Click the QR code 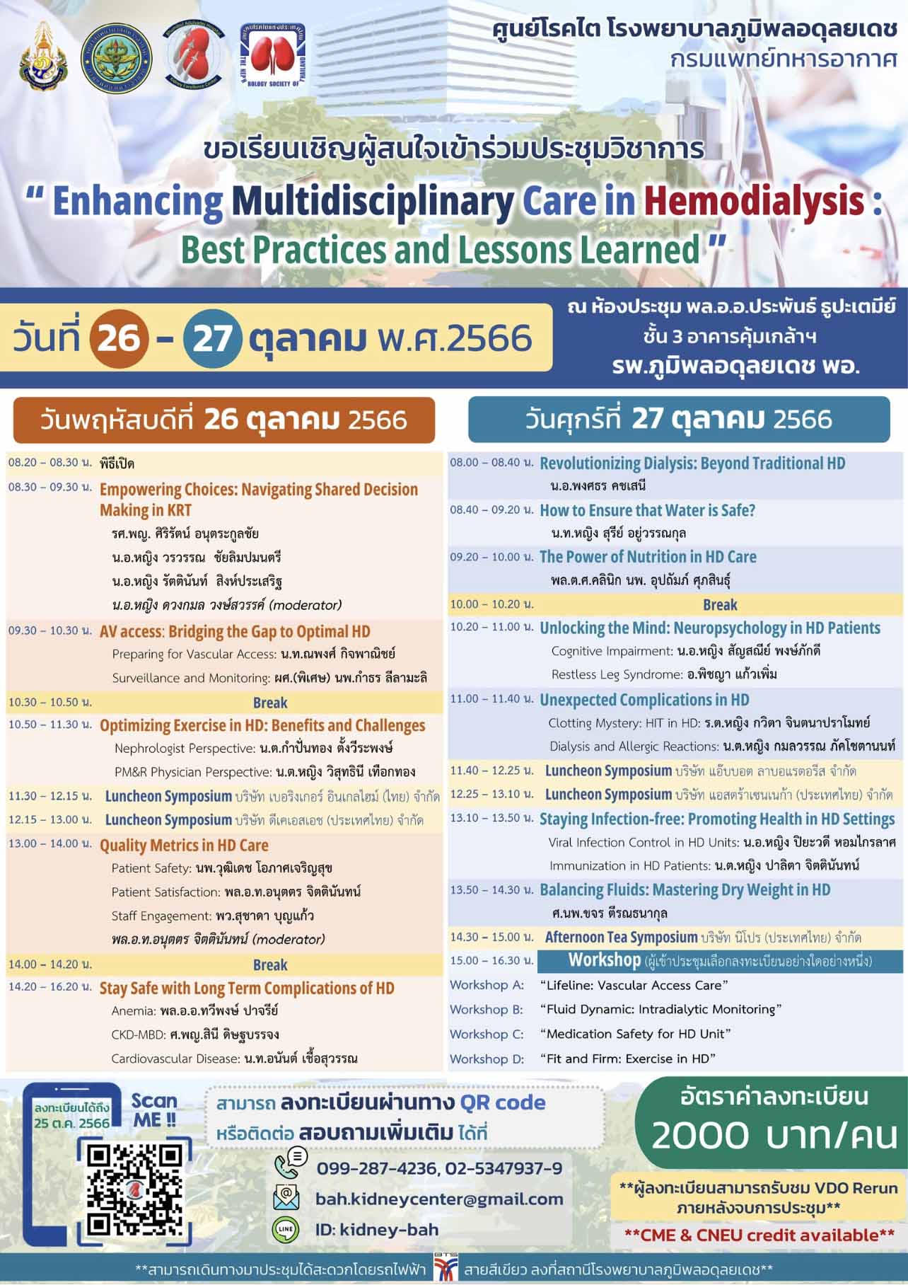pyautogui.click(x=134, y=1189)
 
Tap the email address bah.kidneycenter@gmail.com pyautogui.click(x=439, y=1199)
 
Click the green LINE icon pyautogui.click(x=286, y=1230)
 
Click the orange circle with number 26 pyautogui.click(x=119, y=338)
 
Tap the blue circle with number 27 pyautogui.click(x=212, y=338)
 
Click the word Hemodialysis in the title pyautogui.click(x=754, y=201)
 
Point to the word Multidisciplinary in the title pyautogui.click(x=372, y=201)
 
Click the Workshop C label pyautogui.click(x=487, y=1034)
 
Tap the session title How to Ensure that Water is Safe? pyautogui.click(x=647, y=510)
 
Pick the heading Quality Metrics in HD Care pyautogui.click(x=184, y=845)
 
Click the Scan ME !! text pyautogui.click(x=154, y=1110)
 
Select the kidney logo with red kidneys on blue pyautogui.click(x=272, y=55)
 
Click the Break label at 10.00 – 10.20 pyautogui.click(x=720, y=605)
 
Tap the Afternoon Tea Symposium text pyautogui.click(x=621, y=937)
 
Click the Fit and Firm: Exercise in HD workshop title pyautogui.click(x=628, y=1059)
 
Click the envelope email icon pyautogui.click(x=286, y=1197)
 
